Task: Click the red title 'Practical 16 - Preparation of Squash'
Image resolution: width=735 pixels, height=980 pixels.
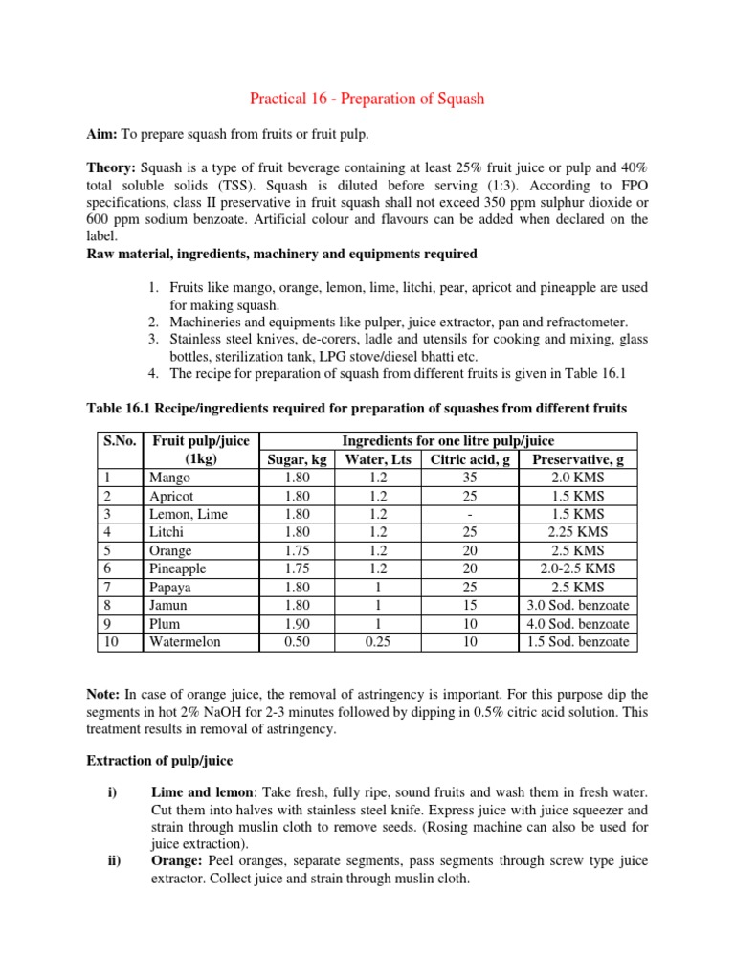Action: pos(367,99)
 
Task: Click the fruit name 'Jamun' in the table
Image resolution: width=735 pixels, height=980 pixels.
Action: pos(169,605)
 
